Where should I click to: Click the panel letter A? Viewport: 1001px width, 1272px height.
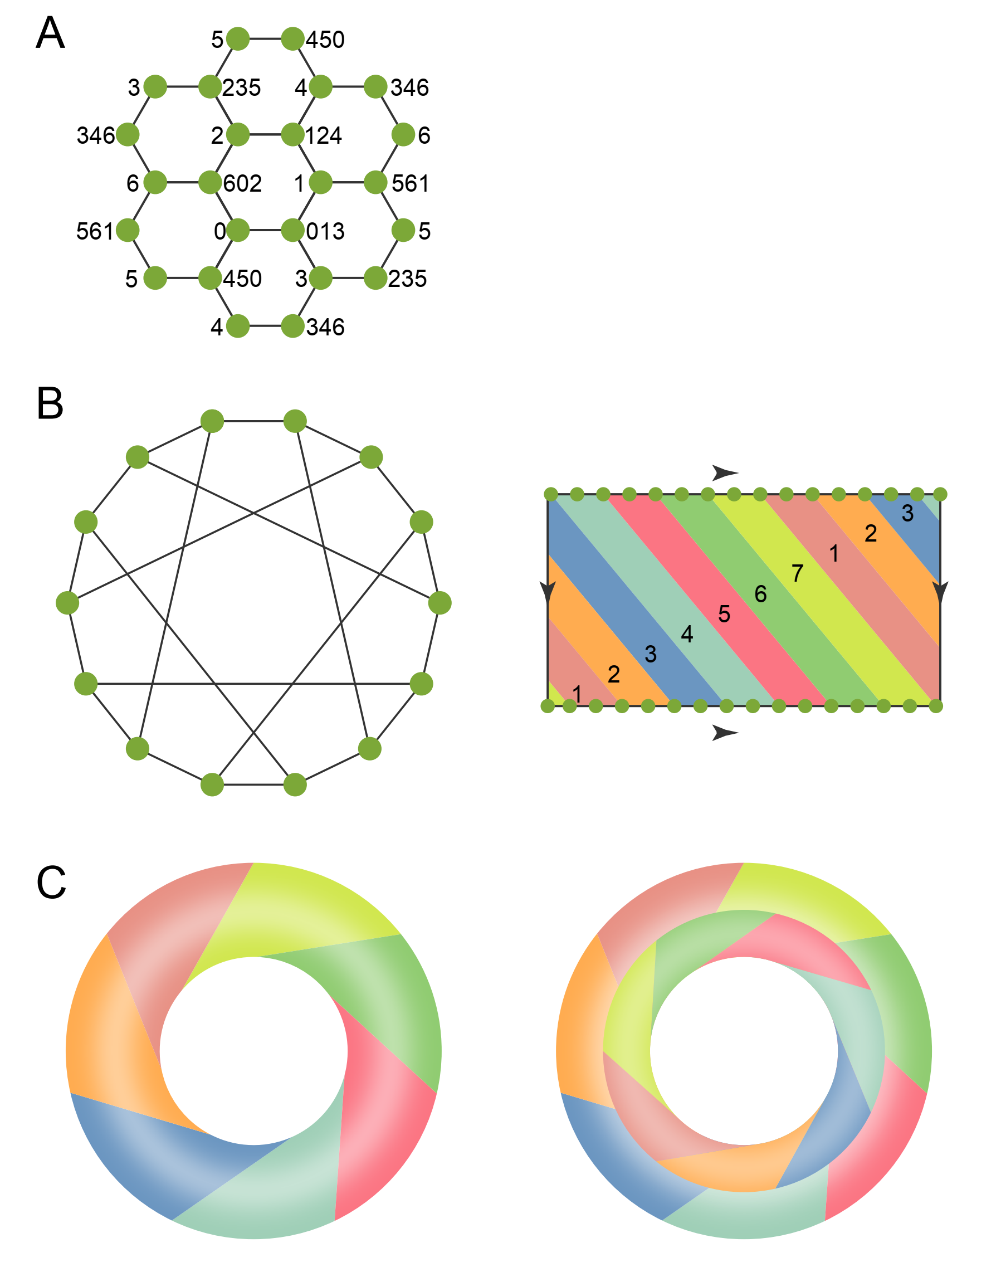pos(50,33)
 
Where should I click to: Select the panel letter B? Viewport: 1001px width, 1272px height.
pos(50,404)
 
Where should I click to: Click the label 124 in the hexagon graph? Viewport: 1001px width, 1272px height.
pos(324,136)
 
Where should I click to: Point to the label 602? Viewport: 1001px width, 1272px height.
pos(242,183)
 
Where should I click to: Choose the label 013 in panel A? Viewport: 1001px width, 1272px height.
pos(325,232)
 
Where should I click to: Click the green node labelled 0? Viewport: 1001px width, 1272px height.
pos(238,230)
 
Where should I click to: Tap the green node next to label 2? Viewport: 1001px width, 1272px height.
pos(238,135)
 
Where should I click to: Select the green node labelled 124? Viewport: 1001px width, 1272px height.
pos(292,135)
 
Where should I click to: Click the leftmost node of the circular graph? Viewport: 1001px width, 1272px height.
pos(67,603)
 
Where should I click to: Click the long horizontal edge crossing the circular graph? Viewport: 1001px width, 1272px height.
pos(253,684)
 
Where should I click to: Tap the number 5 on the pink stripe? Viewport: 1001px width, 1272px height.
pos(724,614)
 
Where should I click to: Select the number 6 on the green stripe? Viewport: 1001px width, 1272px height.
pos(761,594)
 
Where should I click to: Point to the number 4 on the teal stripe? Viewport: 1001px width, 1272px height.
pos(687,633)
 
